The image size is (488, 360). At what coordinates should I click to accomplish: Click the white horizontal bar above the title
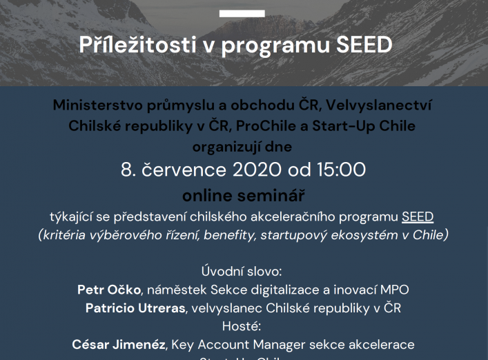pos(242,13)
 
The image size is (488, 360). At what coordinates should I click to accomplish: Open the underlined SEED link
pos(418,217)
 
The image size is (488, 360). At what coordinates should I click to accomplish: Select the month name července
pos(183,170)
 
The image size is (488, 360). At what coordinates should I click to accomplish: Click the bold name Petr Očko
pos(110,290)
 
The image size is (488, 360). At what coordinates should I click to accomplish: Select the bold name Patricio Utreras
pos(135,308)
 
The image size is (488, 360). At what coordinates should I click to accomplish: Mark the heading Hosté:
pos(243,326)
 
